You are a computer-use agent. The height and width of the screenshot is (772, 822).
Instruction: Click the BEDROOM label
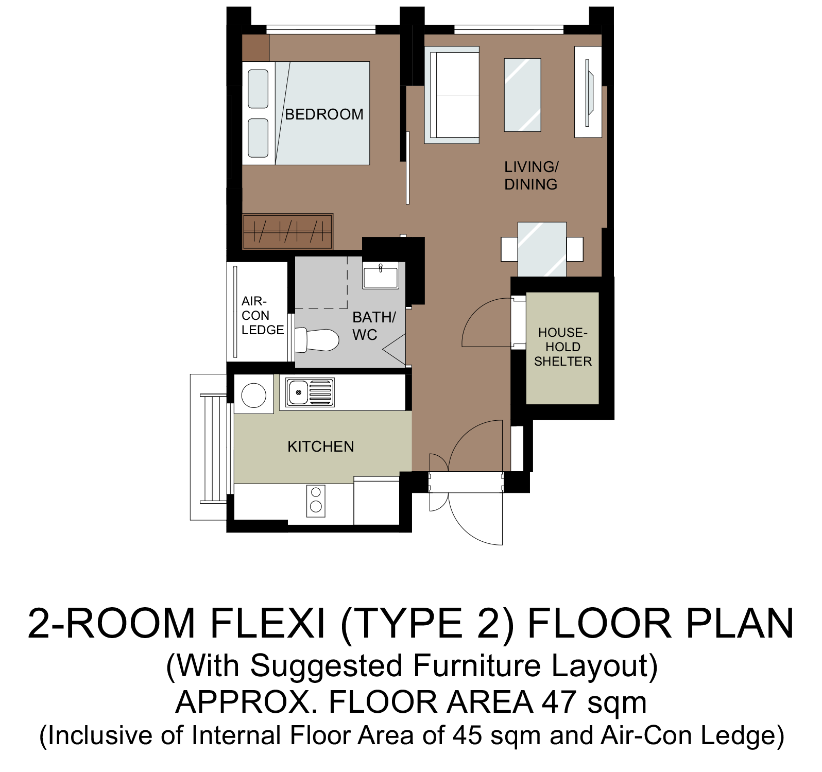(324, 114)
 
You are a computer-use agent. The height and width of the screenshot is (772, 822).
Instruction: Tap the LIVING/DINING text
(531, 176)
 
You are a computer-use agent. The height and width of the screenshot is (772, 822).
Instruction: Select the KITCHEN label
(321, 447)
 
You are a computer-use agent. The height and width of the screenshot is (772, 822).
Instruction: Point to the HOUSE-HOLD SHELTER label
(563, 347)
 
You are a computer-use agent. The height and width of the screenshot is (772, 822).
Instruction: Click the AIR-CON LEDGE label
(263, 315)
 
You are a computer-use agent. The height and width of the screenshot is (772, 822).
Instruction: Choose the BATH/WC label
(374, 325)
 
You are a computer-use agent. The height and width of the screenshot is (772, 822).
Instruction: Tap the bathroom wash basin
(381, 275)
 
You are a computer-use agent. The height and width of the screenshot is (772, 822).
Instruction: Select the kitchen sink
(310, 393)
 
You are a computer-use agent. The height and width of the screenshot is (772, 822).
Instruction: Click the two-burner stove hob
(316, 501)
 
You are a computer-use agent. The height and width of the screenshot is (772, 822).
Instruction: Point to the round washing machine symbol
(254, 395)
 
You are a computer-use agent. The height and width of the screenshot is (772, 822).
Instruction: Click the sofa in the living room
(452, 95)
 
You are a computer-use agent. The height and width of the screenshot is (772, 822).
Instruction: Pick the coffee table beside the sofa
(522, 95)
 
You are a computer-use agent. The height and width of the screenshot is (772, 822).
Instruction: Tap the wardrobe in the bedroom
(287, 231)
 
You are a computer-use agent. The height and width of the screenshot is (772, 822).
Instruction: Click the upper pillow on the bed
(258, 89)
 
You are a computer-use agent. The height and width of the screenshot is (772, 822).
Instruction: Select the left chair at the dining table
(509, 249)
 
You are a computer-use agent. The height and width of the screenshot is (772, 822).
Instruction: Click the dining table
(542, 249)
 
